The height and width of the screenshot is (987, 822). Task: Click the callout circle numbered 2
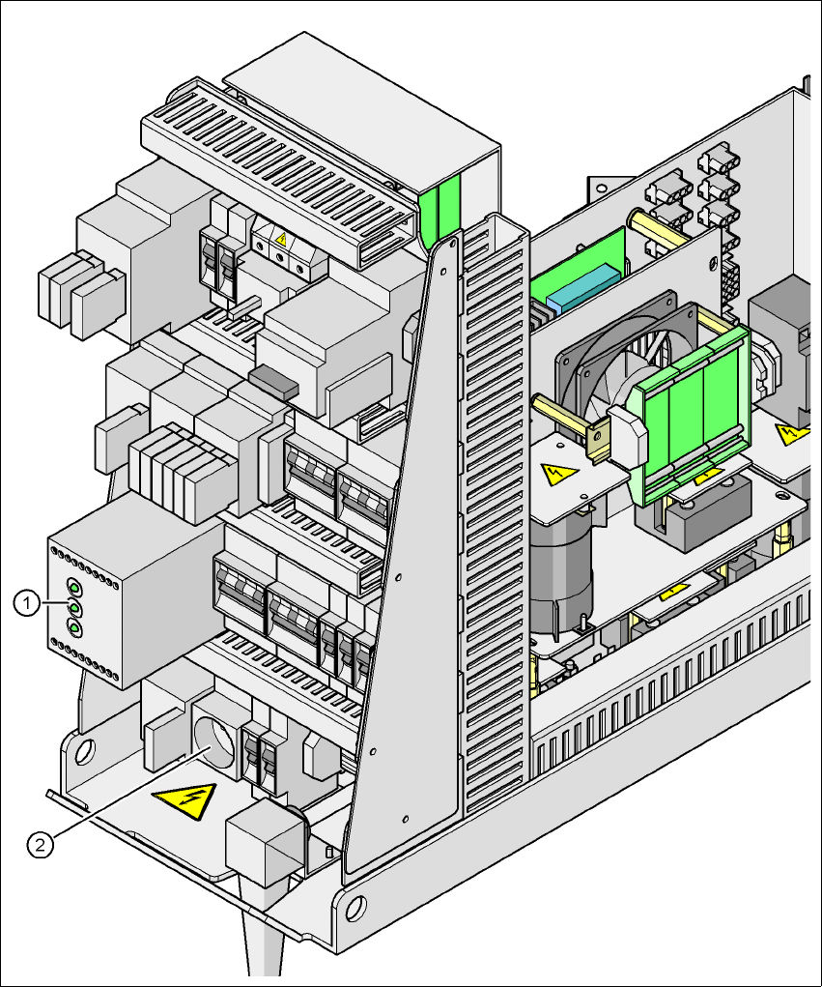pyautogui.click(x=40, y=846)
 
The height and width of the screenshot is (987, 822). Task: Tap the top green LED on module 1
pyautogui.click(x=73, y=586)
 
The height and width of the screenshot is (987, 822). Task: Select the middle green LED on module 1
pyautogui.click(x=73, y=606)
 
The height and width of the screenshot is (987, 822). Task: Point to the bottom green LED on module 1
pyautogui.click(x=73, y=628)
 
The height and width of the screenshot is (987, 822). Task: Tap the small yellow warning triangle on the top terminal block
pyautogui.click(x=281, y=237)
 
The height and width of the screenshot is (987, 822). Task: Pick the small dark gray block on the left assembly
pyautogui.click(x=272, y=381)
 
